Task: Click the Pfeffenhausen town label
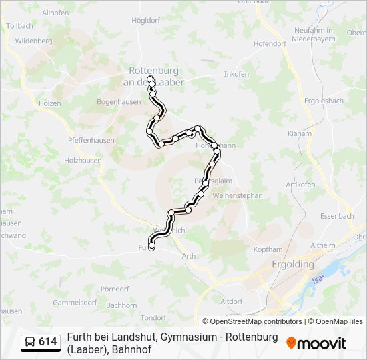91,141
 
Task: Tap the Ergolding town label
293,264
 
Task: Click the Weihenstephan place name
238,195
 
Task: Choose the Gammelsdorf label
75,302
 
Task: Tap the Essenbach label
337,216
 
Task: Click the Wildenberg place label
33,41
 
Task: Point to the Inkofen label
236,74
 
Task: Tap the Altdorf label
231,301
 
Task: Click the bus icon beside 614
30,342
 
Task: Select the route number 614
48,342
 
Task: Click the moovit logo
316,343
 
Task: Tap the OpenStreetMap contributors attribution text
252,321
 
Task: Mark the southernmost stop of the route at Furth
151,247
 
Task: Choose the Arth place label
188,256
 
